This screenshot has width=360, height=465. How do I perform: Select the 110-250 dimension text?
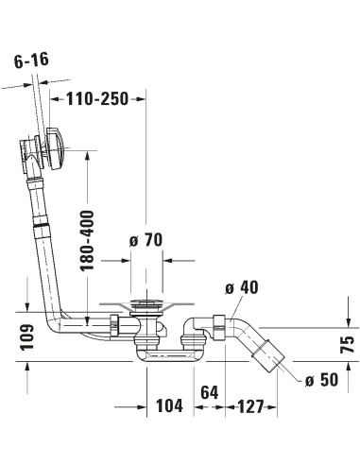[x=96, y=97]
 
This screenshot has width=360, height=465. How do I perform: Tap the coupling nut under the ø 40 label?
[x=219, y=321]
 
